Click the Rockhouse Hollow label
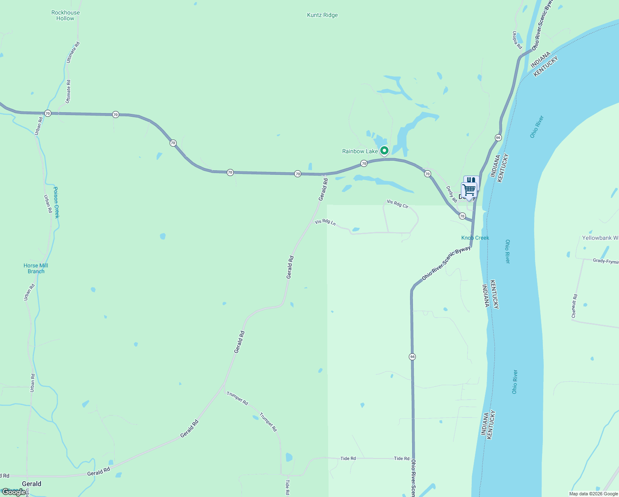tap(65, 15)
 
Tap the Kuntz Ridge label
tap(322, 15)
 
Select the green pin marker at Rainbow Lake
tap(384, 150)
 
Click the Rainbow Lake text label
tap(360, 152)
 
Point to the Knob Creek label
tap(475, 238)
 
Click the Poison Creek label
tap(56, 203)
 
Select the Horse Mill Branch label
tap(36, 268)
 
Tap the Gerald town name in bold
tap(31, 484)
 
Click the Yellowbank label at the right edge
tap(600, 238)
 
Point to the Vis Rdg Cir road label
tap(397, 204)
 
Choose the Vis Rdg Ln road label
tap(325, 222)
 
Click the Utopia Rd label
tap(517, 40)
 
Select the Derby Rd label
tap(451, 194)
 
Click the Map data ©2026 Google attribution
tap(593, 494)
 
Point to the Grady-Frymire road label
tap(605, 261)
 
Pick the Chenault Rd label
tap(574, 306)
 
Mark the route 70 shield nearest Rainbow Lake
tap(364, 164)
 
